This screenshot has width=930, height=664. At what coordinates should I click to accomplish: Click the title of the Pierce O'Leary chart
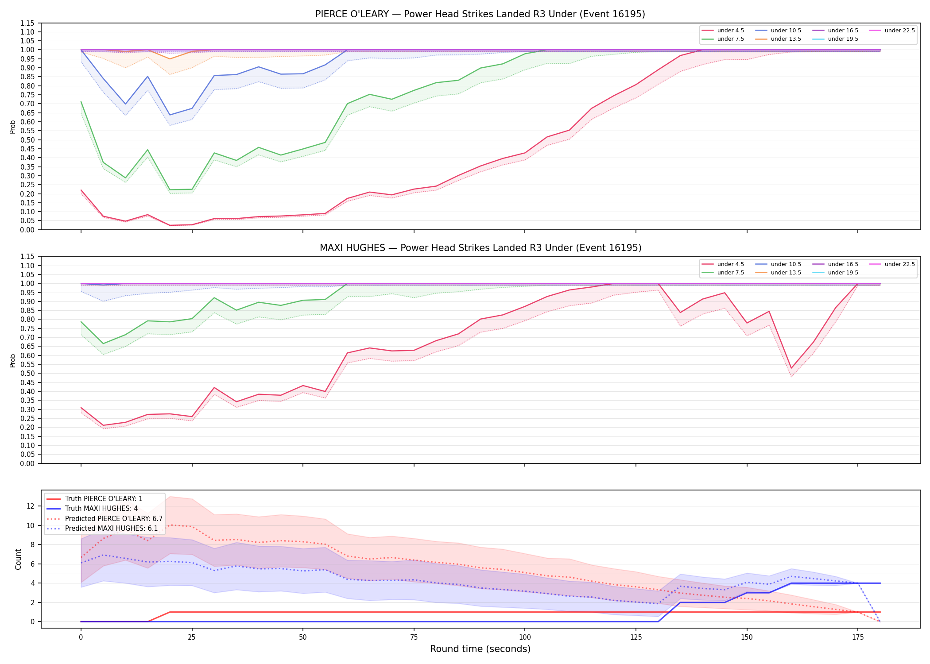[x=480, y=14]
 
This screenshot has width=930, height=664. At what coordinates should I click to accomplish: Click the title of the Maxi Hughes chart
[x=480, y=248]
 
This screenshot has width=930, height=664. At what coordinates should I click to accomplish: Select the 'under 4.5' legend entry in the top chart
[x=723, y=31]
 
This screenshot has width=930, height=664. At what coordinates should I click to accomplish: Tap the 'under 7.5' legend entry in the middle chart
[x=723, y=273]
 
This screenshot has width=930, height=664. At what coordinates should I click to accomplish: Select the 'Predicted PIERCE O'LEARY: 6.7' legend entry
[x=105, y=518]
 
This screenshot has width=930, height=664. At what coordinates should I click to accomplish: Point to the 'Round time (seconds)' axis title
[x=480, y=649]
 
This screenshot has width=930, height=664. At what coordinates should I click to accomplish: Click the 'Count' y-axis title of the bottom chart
[x=18, y=559]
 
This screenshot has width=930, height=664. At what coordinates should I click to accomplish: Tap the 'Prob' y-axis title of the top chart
[x=13, y=127]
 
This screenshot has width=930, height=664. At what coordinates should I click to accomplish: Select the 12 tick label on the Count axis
[x=31, y=506]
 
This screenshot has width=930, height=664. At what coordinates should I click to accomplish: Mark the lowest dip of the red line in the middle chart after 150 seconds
[x=791, y=368]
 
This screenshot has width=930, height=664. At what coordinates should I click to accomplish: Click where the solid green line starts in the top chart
[x=81, y=102]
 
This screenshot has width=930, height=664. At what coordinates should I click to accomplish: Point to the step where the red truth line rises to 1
[x=170, y=612]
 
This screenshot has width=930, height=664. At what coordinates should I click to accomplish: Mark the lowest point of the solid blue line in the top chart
[x=170, y=115]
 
